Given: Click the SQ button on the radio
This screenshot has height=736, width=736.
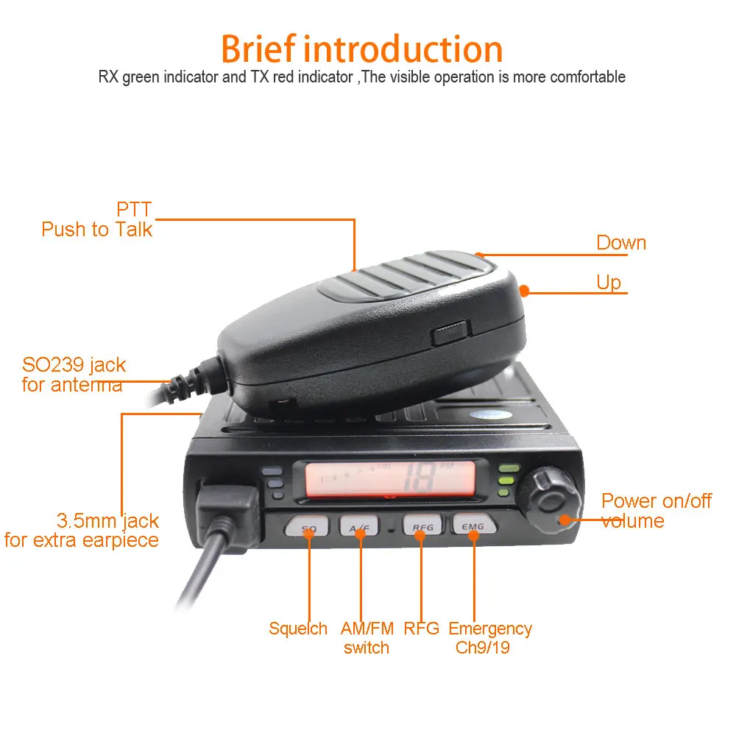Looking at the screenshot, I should click(x=309, y=527).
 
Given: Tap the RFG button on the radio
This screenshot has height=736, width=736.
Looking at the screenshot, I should click(x=422, y=527).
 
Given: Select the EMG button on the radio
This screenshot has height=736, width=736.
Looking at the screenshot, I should click(x=473, y=526).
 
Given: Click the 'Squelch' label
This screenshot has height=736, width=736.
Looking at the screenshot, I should click(x=298, y=629).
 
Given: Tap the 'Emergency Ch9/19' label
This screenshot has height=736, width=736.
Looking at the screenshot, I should click(x=490, y=638).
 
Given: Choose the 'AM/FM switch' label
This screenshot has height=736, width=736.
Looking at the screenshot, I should click(x=367, y=638).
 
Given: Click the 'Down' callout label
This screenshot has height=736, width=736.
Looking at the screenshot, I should click(x=621, y=243).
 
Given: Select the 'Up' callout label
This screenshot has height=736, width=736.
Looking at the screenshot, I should click(x=609, y=283).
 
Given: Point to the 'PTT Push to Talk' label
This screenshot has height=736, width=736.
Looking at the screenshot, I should click(x=97, y=219).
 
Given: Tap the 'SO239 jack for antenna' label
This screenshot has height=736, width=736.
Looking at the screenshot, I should click(x=74, y=375).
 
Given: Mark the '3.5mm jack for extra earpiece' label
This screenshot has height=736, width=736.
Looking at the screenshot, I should click(x=82, y=531).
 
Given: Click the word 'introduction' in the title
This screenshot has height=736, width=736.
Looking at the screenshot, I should click(x=403, y=49).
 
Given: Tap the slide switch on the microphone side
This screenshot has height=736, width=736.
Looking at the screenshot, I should click(x=451, y=333).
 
